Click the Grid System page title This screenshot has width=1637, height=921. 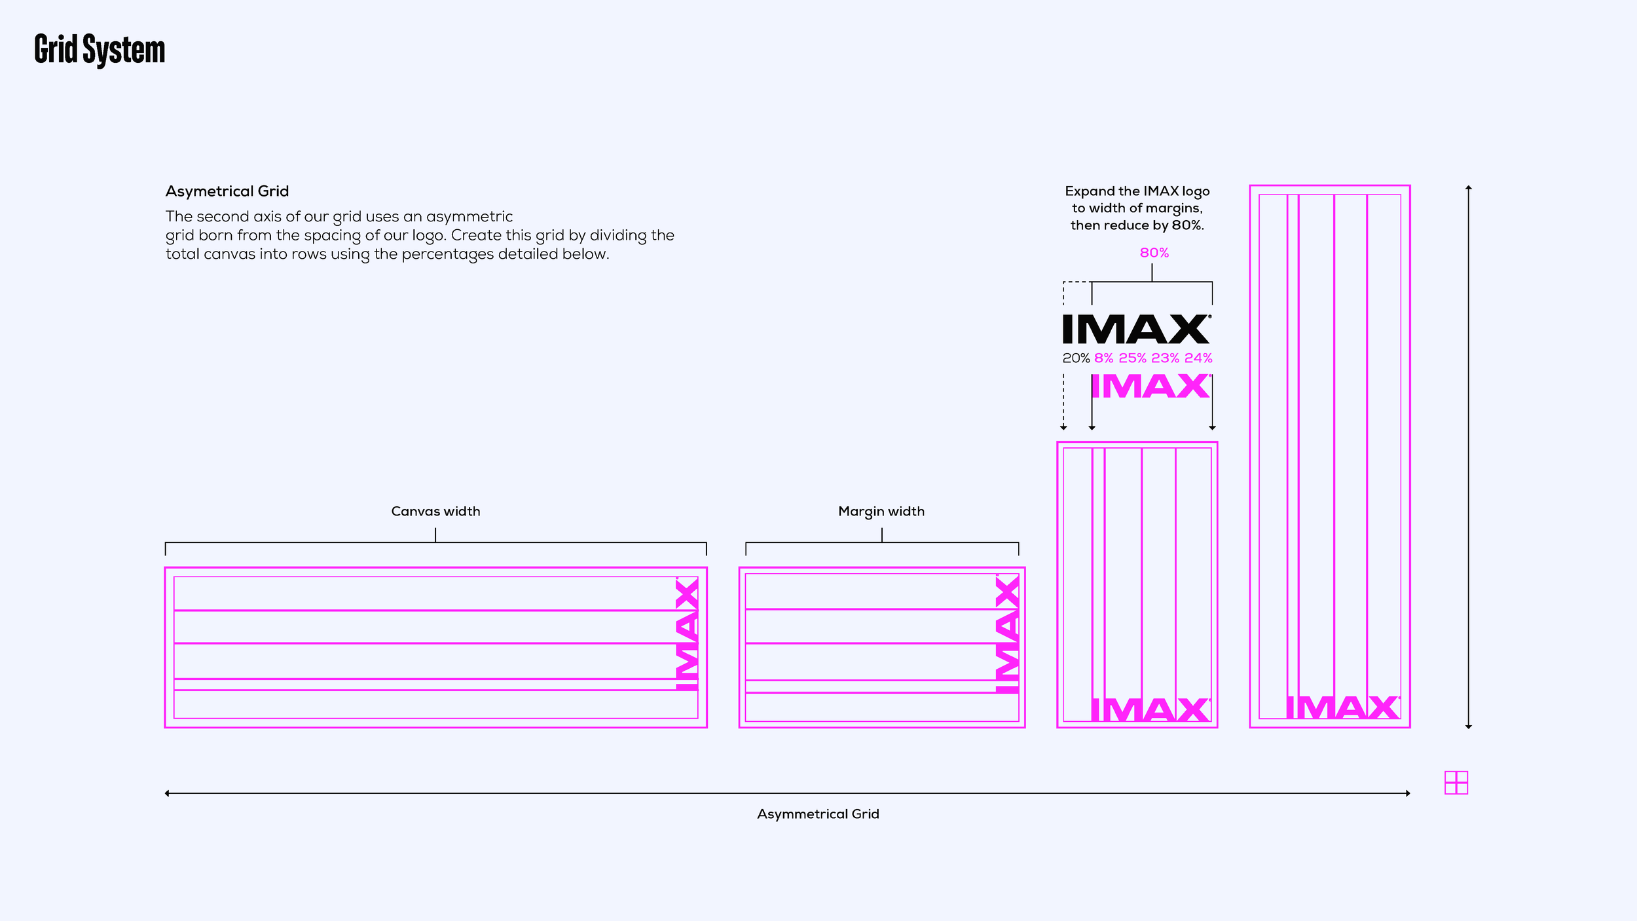pos(100,50)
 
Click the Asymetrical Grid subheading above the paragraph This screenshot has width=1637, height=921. pos(227,191)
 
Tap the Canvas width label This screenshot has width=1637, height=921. pos(435,511)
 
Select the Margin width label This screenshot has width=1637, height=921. pos(881,511)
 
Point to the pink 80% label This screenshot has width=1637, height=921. pos(1154,253)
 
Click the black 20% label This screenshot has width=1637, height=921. pos(1076,358)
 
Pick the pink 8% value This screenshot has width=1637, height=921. pos(1103,358)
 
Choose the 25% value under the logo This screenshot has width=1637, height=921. pos(1132,358)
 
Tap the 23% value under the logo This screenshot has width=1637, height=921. pos(1165,358)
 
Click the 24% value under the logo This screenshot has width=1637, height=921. pos(1198,358)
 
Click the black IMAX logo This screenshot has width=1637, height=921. pos(1136,329)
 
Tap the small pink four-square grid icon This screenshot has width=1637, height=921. pos(1456,783)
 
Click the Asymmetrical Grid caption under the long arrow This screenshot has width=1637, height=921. pos(818,814)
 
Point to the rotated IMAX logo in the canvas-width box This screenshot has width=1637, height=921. pos(687,634)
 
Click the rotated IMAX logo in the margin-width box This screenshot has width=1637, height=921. pos(1007,634)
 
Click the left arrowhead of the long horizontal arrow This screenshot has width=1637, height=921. pos(168,793)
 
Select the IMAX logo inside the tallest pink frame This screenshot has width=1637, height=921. pos(1342,707)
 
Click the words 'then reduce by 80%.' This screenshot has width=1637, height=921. pos(1137,225)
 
